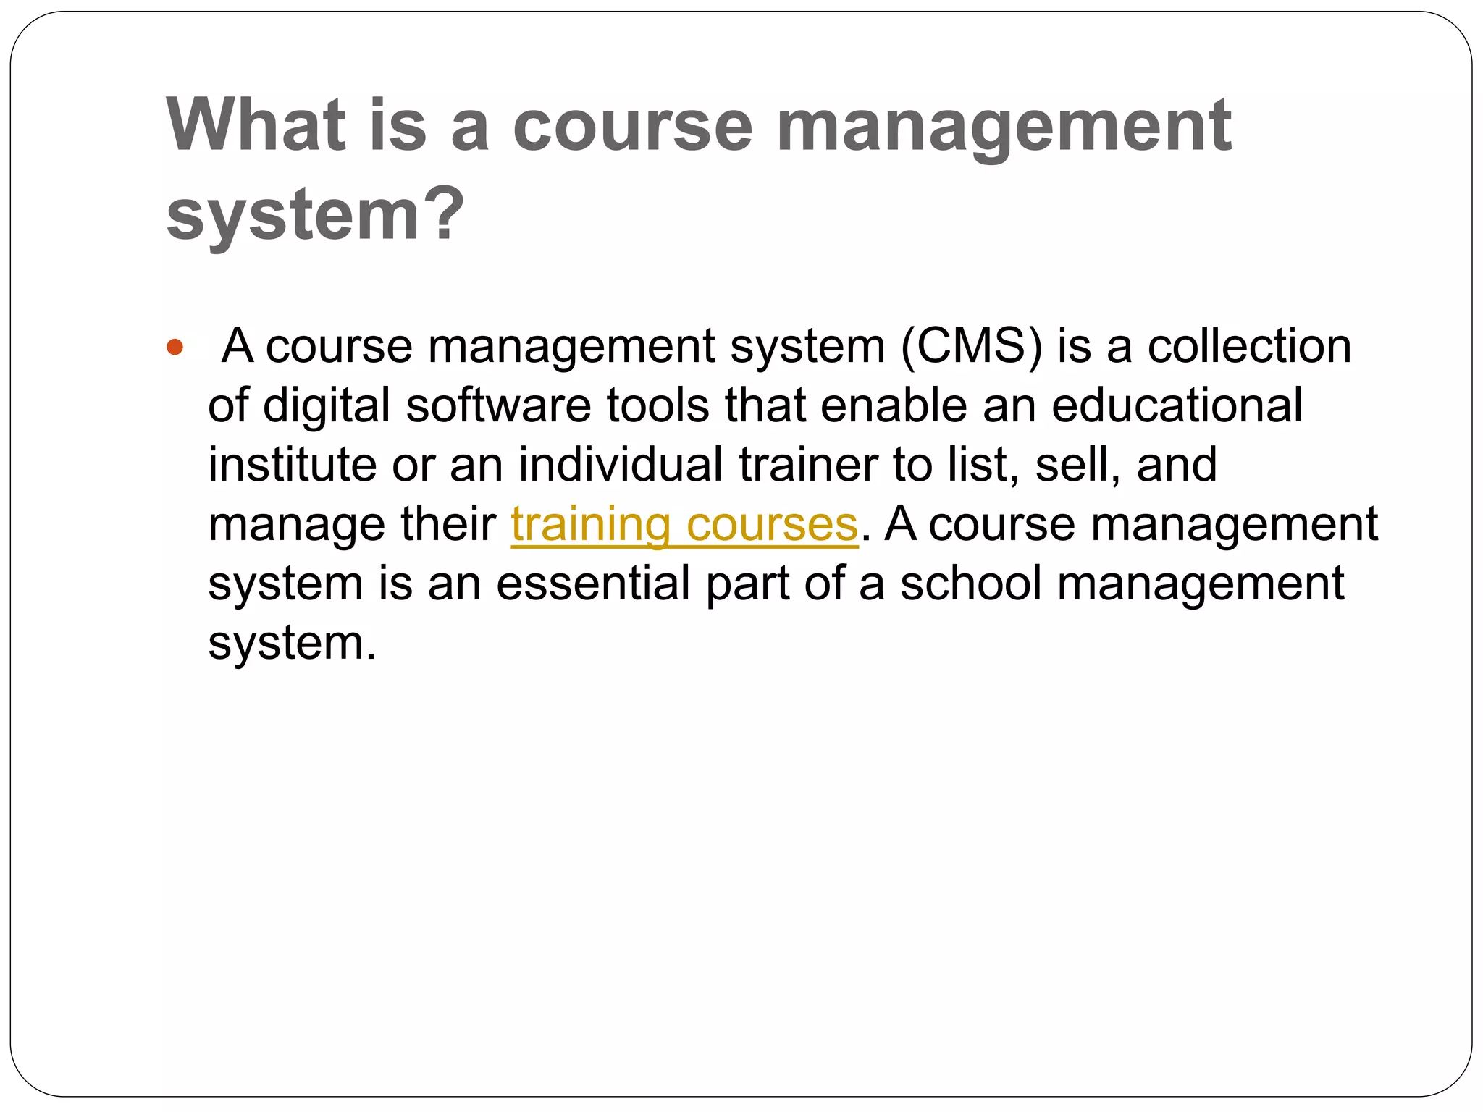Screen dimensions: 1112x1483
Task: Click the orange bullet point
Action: point(175,347)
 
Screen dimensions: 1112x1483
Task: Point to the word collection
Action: point(1249,346)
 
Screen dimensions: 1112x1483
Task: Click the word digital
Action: point(327,405)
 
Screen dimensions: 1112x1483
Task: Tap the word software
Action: point(498,405)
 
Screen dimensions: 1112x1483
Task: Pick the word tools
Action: point(658,405)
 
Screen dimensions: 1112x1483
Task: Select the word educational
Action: point(1177,405)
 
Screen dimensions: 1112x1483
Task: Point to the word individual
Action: point(620,465)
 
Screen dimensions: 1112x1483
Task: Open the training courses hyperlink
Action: point(684,524)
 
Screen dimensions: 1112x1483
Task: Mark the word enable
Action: point(894,405)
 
